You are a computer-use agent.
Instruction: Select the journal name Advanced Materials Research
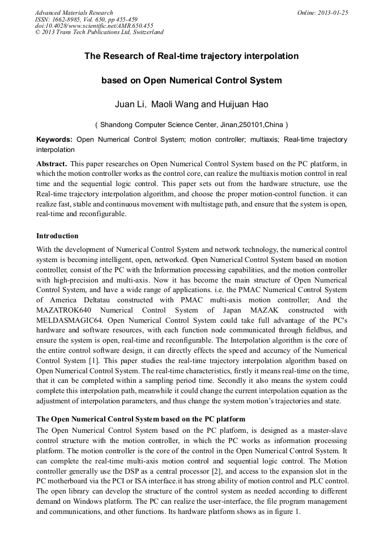point(74,12)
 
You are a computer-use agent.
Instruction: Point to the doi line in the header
point(94,26)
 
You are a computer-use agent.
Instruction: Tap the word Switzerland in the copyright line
point(145,32)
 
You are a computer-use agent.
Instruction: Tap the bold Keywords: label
point(54,140)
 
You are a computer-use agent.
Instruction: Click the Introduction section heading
point(57,235)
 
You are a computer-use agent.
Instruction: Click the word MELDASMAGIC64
point(71,320)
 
